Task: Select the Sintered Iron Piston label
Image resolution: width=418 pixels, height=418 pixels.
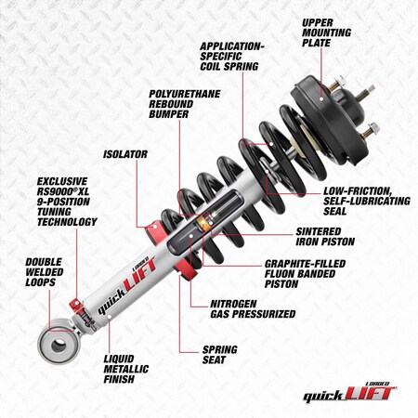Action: click(x=324, y=235)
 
